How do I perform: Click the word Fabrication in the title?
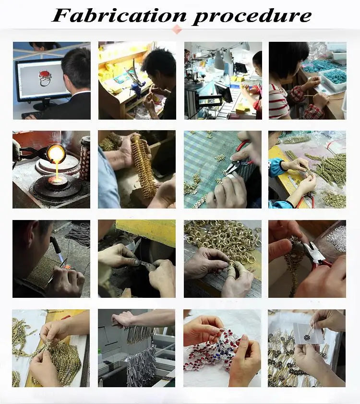pyautogui.click(x=119, y=15)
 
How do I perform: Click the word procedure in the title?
pyautogui.click(x=252, y=17)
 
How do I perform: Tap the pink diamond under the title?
pyautogui.click(x=177, y=29)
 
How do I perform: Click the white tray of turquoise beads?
pyautogui.click(x=333, y=78)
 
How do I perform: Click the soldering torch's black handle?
pyautogui.click(x=56, y=244)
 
